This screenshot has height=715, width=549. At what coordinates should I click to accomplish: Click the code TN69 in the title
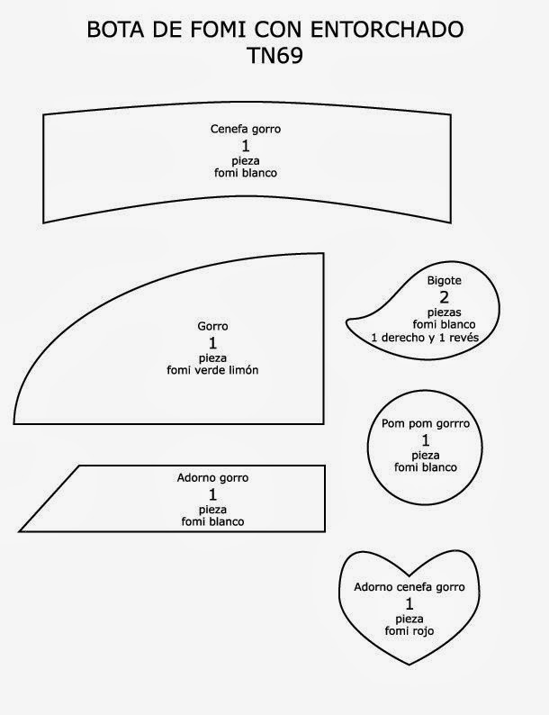click(x=274, y=55)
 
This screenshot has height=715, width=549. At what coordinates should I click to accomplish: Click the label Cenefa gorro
click(x=246, y=129)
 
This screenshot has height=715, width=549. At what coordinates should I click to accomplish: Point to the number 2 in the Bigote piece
click(x=444, y=297)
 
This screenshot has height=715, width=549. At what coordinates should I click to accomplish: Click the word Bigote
click(x=444, y=281)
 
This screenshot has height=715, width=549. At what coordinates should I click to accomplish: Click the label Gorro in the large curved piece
click(x=213, y=326)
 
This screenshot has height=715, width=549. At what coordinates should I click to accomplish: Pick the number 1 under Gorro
click(x=213, y=343)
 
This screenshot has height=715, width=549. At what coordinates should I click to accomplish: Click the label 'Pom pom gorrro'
click(x=426, y=423)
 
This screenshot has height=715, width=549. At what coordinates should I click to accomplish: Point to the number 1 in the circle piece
click(x=426, y=440)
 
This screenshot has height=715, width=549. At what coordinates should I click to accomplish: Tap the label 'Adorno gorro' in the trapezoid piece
click(x=213, y=477)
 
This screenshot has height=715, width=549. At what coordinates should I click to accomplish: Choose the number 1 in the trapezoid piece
click(x=213, y=494)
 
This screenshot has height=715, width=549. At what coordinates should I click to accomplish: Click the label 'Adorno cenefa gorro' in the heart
click(x=409, y=587)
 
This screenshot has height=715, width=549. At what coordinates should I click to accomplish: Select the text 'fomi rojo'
click(x=409, y=632)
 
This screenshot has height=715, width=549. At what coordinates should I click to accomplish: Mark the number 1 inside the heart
click(x=409, y=603)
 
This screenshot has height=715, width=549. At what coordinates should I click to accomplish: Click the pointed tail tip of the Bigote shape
click(x=346, y=322)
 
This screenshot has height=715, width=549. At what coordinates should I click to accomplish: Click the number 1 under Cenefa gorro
click(x=246, y=146)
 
